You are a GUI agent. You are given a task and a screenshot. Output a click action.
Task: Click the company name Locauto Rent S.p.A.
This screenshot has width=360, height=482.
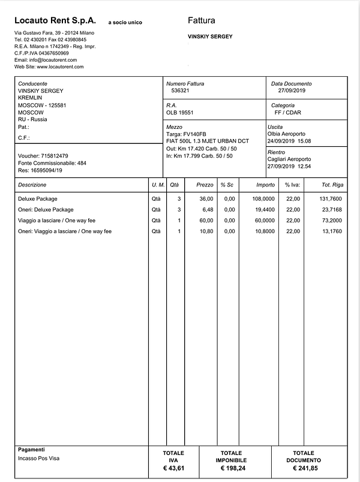(55, 20)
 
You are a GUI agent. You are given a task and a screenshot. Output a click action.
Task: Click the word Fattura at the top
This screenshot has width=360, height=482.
(202, 20)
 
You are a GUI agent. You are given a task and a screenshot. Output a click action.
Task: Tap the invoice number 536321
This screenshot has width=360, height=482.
(181, 91)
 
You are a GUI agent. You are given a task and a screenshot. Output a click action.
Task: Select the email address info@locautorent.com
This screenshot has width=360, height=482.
(46, 60)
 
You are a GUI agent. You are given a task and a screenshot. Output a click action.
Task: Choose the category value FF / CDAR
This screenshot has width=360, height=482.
(288, 112)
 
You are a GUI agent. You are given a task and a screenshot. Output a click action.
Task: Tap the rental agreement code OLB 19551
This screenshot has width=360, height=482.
(180, 112)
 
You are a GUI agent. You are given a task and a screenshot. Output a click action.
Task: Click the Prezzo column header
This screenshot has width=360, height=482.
(205, 185)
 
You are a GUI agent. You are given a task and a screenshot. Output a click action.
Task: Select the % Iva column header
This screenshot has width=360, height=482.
(292, 185)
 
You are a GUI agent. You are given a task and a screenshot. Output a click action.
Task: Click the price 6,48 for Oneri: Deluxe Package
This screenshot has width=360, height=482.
(207, 210)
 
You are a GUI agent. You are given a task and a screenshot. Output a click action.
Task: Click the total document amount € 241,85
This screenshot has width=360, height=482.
(303, 468)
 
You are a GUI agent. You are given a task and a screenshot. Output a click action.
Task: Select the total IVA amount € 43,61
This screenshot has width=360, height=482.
(173, 468)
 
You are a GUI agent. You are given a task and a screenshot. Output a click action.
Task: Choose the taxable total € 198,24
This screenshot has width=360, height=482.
(231, 468)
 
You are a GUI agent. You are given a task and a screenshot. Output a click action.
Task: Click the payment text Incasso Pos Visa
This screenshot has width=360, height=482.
(40, 459)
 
